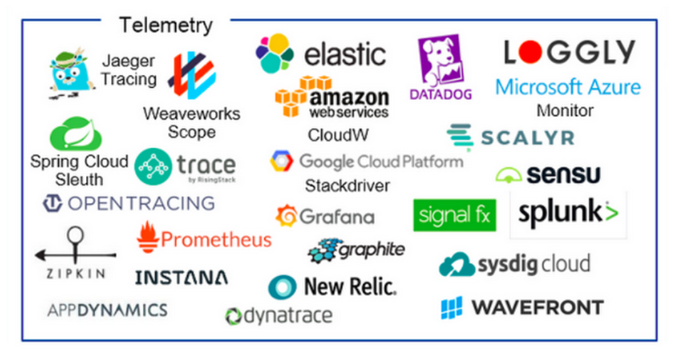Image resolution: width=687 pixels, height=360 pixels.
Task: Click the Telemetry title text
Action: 166,26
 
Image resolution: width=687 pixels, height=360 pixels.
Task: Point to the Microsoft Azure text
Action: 568,86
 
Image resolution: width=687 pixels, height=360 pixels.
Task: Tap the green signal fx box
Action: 454,215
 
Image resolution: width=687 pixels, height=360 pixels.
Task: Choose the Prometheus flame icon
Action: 148,236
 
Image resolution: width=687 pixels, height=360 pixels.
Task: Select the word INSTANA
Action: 181,277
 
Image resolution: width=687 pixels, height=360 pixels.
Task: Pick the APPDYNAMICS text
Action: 107,309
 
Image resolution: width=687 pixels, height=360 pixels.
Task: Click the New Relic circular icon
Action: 282,287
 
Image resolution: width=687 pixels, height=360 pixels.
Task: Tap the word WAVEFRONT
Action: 537,307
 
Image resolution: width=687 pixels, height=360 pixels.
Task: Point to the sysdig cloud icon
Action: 457,265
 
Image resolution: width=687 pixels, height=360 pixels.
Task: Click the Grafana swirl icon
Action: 286,216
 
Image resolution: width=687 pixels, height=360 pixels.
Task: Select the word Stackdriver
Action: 347,185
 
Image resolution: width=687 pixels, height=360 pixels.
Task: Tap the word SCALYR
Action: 527,138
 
